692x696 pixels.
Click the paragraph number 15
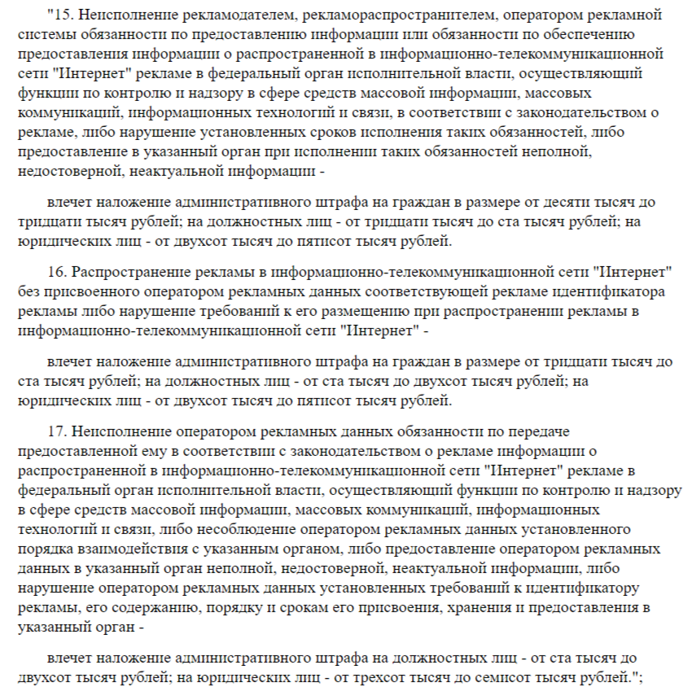coord(59,15)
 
